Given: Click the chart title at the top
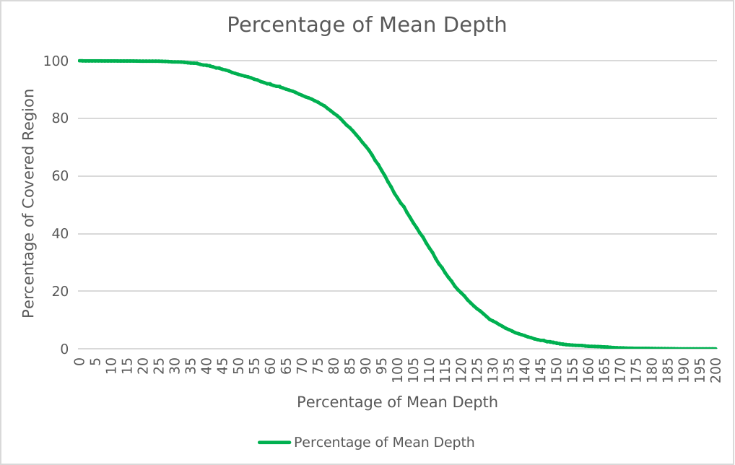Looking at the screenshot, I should [367, 25].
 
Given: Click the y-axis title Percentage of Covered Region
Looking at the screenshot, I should [29, 204].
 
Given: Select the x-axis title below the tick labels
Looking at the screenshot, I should [397, 402].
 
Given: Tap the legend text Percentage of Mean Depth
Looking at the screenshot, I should [384, 442].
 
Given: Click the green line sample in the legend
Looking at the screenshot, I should [274, 442].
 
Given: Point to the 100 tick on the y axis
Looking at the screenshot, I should [56, 61].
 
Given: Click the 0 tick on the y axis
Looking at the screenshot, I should [64, 349].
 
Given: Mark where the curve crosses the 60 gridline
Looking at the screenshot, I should [383, 176].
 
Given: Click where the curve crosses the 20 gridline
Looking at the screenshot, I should [456, 292].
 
